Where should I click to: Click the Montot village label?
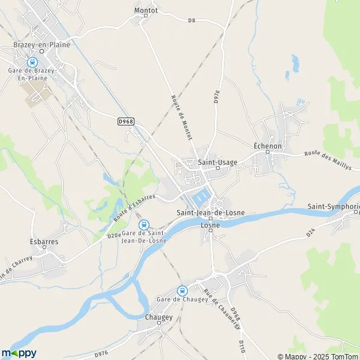[x=146, y=10]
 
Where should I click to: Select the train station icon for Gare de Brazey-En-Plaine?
[x=32, y=61]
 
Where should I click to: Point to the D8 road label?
[x=192, y=20]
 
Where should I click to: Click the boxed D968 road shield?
[x=125, y=121]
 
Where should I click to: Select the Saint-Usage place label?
[x=218, y=162]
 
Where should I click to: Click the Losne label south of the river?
[x=210, y=225]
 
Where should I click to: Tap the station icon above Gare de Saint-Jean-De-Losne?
[x=143, y=224]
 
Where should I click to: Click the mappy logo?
[x=19, y=353]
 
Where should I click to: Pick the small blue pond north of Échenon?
[x=295, y=62]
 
